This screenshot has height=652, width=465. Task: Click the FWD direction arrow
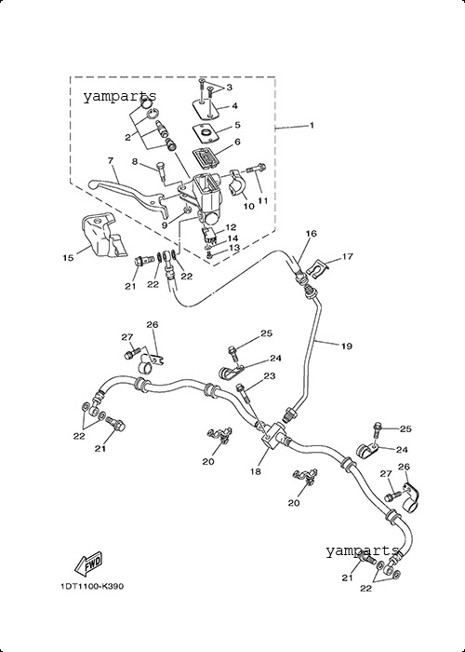coord(88,564)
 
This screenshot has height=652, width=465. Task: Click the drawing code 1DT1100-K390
coord(92,586)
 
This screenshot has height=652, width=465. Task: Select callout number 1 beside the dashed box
coord(312,125)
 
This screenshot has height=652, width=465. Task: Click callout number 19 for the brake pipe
coord(347,346)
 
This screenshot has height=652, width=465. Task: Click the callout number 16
coord(312,233)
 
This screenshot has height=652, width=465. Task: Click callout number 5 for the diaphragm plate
coord(237,125)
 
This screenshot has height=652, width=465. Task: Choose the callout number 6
coord(237,142)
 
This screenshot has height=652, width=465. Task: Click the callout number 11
coord(262,200)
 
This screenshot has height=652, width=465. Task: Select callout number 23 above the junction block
coord(270,376)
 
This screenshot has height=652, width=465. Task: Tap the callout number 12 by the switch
coord(231,227)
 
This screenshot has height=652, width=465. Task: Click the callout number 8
coord(135,161)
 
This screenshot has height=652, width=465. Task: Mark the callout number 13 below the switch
coord(234,249)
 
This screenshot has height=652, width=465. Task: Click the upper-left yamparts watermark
coord(120,97)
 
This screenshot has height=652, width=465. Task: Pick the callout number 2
coord(128,137)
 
